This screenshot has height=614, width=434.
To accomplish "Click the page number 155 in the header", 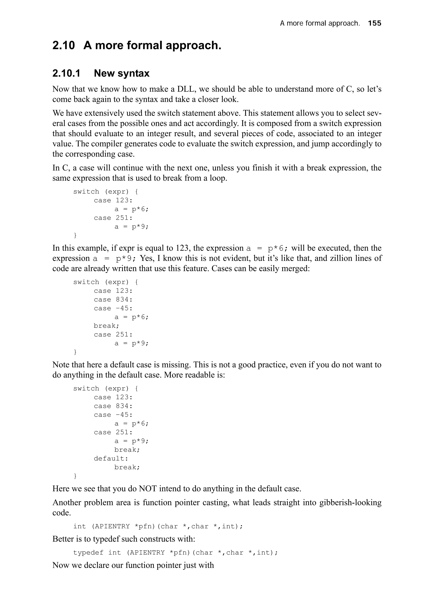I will pos(374,23).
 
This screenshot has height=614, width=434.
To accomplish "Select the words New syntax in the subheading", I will pos(122,73).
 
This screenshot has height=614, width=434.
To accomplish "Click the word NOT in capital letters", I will pos(148,489).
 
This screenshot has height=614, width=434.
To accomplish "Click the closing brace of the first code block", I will pos(75,235).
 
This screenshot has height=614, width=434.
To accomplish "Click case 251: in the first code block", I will pos(113,218).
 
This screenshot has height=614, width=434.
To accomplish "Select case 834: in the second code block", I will pos(113,300).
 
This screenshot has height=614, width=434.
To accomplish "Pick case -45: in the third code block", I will pos(113,415).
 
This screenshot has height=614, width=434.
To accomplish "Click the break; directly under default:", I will pos(127,467).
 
